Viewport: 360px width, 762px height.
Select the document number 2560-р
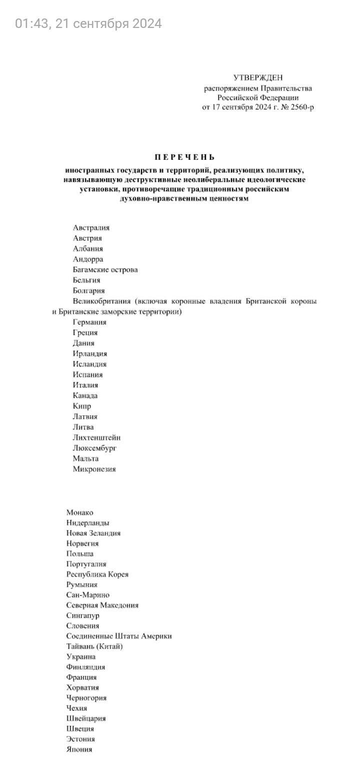299,107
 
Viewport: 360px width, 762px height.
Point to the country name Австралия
91,228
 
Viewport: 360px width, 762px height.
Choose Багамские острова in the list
105,270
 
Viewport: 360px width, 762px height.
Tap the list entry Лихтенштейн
96,438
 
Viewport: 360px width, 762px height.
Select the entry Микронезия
94,469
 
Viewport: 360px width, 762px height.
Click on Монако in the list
79,512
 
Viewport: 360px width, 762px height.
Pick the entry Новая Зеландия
93,533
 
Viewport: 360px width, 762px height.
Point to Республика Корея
97,575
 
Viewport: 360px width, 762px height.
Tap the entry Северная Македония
102,606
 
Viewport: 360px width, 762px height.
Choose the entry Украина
80,657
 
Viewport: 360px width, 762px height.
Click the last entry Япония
79,750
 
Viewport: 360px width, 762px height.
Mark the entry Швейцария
85,719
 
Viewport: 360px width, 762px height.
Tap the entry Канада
85,396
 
